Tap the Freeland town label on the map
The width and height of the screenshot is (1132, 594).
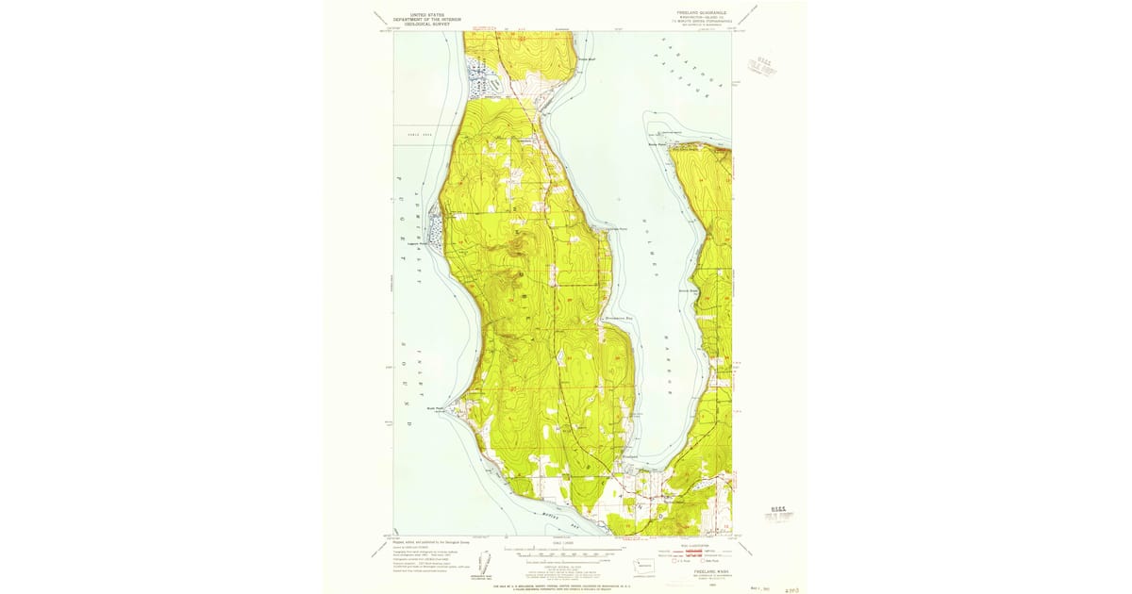point(633,456)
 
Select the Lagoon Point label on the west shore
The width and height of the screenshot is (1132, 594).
point(418,243)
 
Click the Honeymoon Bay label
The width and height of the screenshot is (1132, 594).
point(620,319)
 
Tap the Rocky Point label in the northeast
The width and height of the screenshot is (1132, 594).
point(658,144)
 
